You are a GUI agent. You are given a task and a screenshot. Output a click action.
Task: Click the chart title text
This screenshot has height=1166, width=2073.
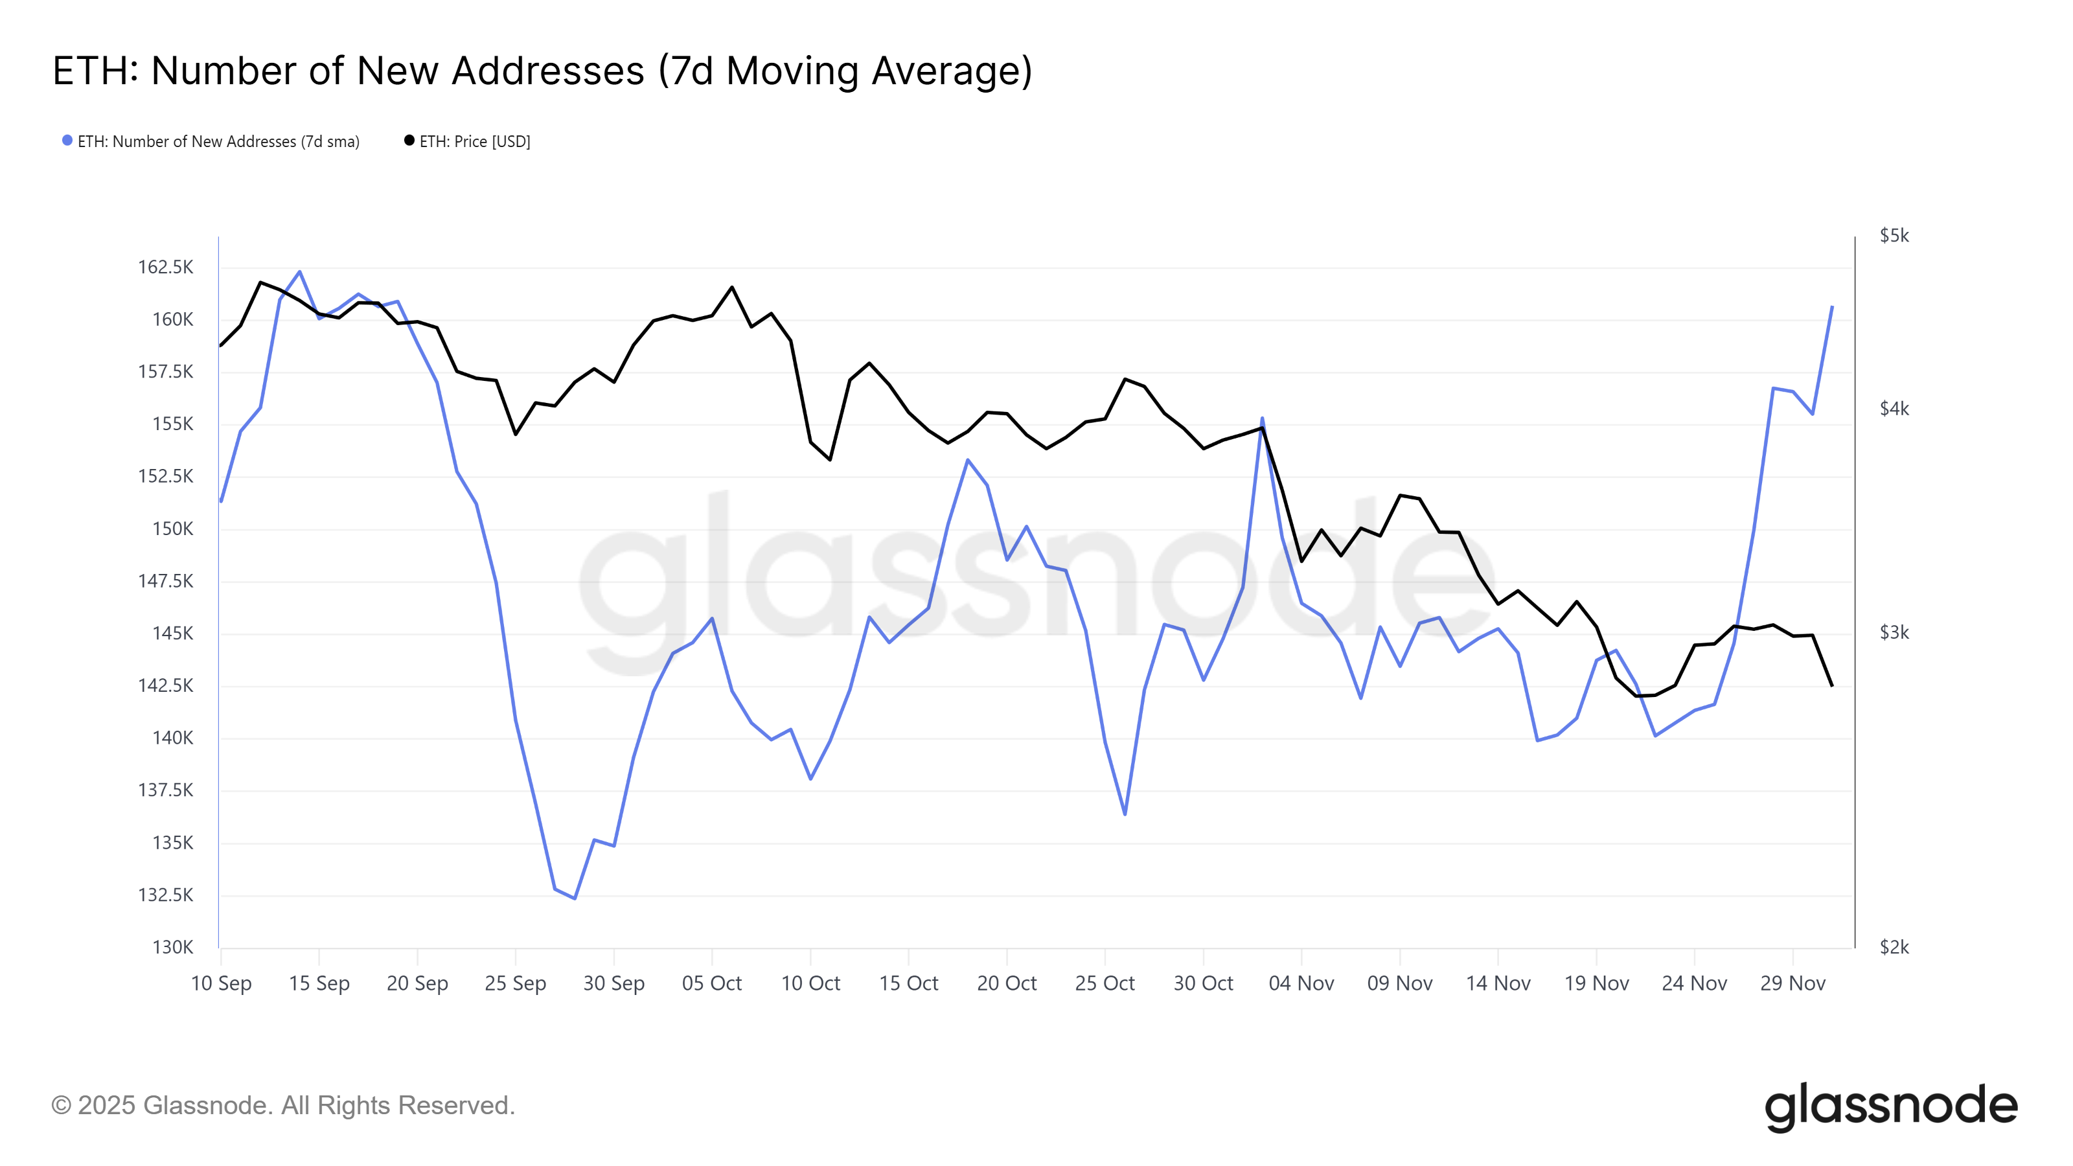[x=542, y=71]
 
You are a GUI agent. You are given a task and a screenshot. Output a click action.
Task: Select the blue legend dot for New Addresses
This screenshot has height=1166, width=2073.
[x=67, y=141]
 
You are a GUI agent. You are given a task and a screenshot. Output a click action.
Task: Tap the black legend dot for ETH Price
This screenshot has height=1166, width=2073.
[x=409, y=141]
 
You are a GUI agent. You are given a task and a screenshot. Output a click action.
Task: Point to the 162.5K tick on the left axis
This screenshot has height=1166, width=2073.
[x=166, y=267]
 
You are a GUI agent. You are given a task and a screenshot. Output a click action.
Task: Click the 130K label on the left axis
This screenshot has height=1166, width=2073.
[x=173, y=947]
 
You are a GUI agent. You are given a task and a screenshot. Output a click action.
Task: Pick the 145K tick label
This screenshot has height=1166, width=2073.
[x=173, y=634]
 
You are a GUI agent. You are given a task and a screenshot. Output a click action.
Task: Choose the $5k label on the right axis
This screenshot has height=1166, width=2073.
[x=1894, y=236]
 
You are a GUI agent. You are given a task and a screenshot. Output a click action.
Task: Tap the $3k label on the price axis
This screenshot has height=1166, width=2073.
[x=1894, y=632]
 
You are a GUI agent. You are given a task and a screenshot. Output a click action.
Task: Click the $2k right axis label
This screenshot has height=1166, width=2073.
[x=1894, y=947]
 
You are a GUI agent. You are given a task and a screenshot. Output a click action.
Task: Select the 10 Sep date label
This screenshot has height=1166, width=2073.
[x=222, y=983]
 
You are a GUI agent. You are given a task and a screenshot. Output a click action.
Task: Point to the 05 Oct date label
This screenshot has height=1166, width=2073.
[x=712, y=983]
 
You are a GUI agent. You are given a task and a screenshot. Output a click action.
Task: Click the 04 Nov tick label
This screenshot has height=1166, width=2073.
[x=1301, y=983]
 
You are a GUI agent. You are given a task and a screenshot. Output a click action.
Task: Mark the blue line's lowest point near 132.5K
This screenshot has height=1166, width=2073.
[x=575, y=898]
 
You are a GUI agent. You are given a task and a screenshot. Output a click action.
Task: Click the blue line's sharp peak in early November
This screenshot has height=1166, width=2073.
[x=1262, y=418]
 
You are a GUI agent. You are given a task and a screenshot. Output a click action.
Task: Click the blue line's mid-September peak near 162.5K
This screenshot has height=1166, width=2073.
[x=300, y=272]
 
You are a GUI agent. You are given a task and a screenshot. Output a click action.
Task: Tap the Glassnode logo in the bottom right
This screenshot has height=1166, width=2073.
[x=1891, y=1106]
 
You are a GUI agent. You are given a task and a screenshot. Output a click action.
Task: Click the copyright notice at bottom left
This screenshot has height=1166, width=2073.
[x=283, y=1106]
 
